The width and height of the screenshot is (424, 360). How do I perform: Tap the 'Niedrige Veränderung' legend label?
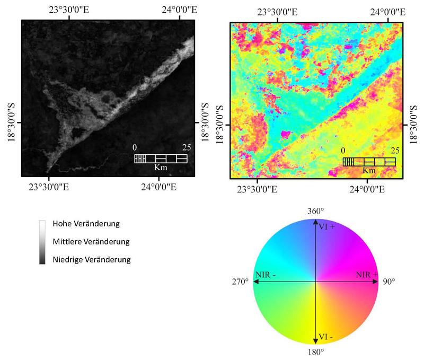(x=91, y=260)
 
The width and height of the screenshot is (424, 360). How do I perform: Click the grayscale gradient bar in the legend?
(x=42, y=242)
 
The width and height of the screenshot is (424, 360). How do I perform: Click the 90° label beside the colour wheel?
(x=389, y=282)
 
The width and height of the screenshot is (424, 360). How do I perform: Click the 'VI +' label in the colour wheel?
(x=326, y=227)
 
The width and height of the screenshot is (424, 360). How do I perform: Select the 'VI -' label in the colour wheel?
(x=326, y=336)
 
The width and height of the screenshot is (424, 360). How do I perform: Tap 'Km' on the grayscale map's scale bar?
(x=160, y=167)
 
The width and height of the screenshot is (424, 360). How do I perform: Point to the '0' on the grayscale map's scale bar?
(x=135, y=147)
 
